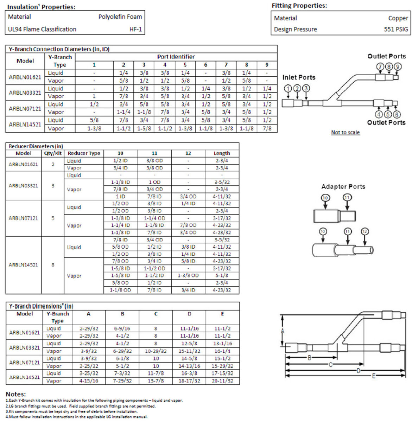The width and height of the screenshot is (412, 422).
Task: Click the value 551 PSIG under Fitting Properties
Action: pyautogui.click(x=396, y=30)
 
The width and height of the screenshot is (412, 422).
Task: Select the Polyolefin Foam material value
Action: pyautogui.click(x=120, y=17)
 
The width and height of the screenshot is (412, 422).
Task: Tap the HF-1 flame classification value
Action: pyautogui.click(x=135, y=30)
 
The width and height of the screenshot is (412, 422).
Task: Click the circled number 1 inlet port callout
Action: pyautogui.click(x=289, y=88)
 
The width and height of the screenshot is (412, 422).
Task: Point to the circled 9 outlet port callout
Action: pyautogui.click(x=397, y=66)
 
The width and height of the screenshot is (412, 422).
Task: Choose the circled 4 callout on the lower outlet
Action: pyautogui.click(x=379, y=114)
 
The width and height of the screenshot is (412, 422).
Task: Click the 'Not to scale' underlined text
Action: pyautogui.click(x=345, y=133)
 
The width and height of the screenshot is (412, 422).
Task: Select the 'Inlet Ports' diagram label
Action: pyautogui.click(x=299, y=77)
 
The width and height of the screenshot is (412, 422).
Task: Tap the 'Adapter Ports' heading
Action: pyautogui.click(x=343, y=187)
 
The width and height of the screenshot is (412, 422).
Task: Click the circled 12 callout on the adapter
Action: pyautogui.click(x=365, y=231)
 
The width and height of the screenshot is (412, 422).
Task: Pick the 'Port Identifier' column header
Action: pyautogui.click(x=176, y=57)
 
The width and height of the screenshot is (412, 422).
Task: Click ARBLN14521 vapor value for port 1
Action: pyautogui.click(x=94, y=129)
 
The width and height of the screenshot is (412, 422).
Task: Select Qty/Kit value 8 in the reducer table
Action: pyautogui.click(x=53, y=265)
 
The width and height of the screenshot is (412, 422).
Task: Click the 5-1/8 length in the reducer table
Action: pyautogui.click(x=222, y=276)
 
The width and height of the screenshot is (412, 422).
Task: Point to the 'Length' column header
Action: pyautogui.click(x=222, y=153)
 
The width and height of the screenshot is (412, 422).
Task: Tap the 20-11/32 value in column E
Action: pyautogui.click(x=222, y=381)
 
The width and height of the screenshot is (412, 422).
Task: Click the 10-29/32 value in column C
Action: pyautogui.click(x=156, y=351)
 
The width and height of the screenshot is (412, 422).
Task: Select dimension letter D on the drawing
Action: pyautogui.click(x=359, y=370)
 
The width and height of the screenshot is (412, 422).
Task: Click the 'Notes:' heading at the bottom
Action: pyautogui.click(x=16, y=394)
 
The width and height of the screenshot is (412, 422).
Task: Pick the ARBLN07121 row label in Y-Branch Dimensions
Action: pyautogui.click(x=24, y=362)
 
